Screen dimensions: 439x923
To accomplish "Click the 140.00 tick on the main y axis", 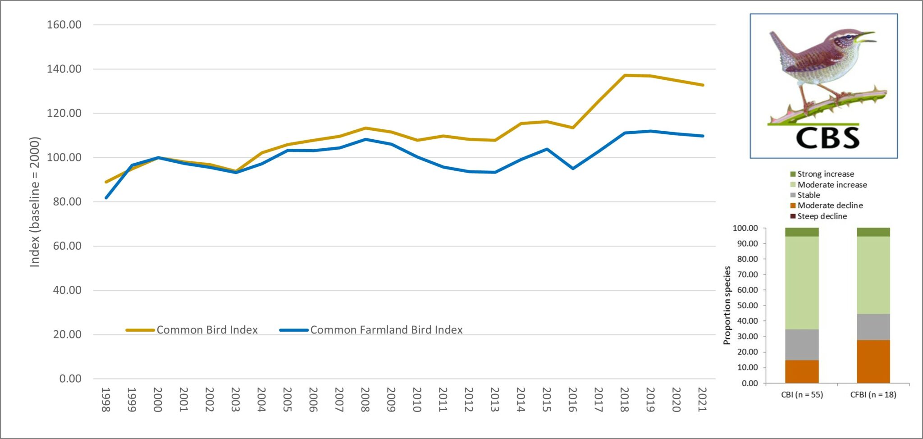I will (64, 69).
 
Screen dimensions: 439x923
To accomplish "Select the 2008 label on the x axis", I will (365, 399).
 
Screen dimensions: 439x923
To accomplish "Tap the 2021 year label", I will (702, 399).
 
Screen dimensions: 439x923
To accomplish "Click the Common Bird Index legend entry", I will (206, 330).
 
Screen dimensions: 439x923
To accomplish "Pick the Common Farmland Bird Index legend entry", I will (386, 330).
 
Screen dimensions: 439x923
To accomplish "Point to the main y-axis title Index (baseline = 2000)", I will (35, 201).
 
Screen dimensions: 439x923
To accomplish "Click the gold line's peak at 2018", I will (625, 75).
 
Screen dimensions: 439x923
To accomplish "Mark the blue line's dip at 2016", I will (573, 168).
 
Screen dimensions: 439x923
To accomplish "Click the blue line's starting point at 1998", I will (106, 197).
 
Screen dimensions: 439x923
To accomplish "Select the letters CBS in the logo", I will (827, 138).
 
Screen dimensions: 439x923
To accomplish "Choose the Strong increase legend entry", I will (825, 174).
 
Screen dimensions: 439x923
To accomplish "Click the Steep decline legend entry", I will (822, 216).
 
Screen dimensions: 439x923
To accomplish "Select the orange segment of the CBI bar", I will (802, 371).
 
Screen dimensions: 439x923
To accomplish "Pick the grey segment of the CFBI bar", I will (873, 327).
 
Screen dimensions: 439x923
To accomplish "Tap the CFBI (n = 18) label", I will (873, 395).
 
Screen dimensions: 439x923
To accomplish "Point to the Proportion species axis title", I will (727, 305).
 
